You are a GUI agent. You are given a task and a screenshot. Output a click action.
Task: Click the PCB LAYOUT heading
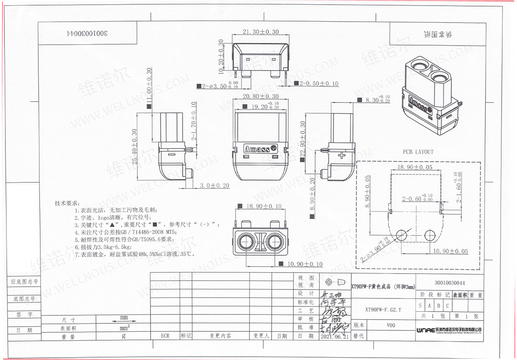(x=418, y=152)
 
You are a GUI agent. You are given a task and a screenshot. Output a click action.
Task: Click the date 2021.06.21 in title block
(x=334, y=337)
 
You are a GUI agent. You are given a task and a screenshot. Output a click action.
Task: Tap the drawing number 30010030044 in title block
(x=450, y=283)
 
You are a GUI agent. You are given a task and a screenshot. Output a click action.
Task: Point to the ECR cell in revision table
(x=165, y=337)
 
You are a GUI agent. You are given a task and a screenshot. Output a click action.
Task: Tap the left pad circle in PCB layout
(x=401, y=235)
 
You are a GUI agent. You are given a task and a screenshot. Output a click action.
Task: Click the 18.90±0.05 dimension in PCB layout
(x=415, y=167)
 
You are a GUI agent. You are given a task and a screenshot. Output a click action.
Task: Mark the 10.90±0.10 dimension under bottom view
(x=305, y=265)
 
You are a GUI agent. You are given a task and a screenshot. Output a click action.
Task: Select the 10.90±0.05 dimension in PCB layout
(x=450, y=252)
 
